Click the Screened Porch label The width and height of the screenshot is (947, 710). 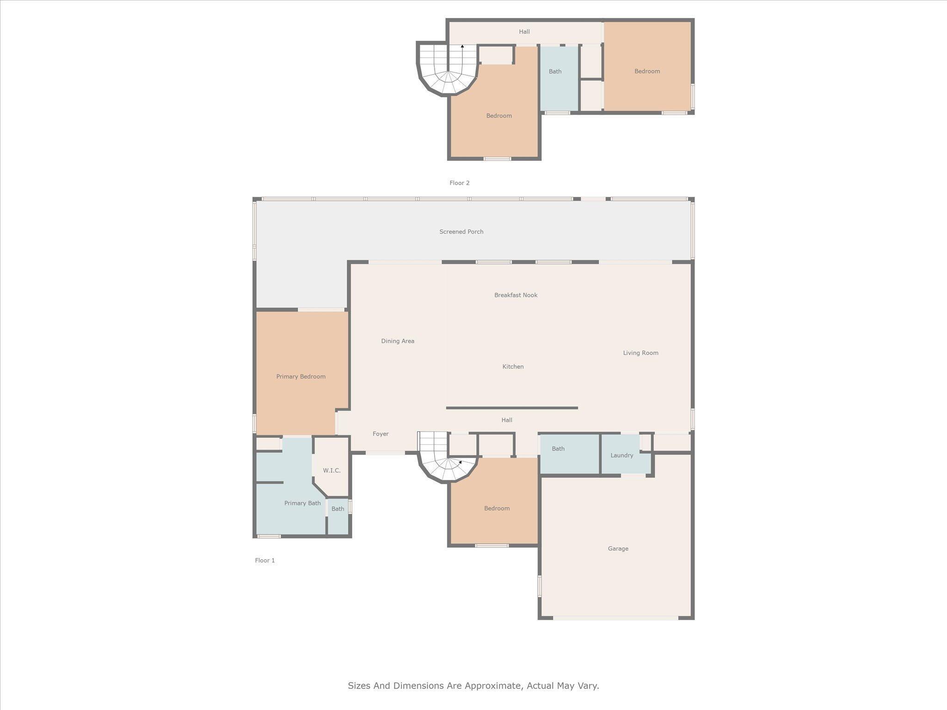(x=461, y=232)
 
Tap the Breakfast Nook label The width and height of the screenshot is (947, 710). (x=516, y=295)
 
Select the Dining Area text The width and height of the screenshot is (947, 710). (x=397, y=341)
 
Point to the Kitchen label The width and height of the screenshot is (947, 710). (x=513, y=367)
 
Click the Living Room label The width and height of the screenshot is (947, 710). (x=640, y=353)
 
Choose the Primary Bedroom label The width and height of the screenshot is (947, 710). (x=301, y=377)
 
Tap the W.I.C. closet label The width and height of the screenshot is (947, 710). (x=332, y=471)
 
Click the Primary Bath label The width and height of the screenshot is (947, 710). (x=302, y=503)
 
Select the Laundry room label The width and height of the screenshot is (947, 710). (x=621, y=455)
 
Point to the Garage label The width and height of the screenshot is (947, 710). (x=618, y=549)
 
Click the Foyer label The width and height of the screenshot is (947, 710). (x=381, y=434)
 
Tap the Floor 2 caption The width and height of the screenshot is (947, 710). (x=459, y=183)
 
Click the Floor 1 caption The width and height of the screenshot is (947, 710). (x=265, y=561)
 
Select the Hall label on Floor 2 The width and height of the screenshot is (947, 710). (x=524, y=32)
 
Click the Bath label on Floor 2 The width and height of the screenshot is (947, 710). (x=555, y=72)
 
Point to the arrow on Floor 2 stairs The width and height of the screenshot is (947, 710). (x=462, y=46)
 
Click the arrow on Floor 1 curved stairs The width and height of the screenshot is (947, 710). (x=460, y=462)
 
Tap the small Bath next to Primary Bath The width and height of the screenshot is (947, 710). (x=338, y=509)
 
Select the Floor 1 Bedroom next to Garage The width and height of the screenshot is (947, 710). (x=497, y=508)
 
